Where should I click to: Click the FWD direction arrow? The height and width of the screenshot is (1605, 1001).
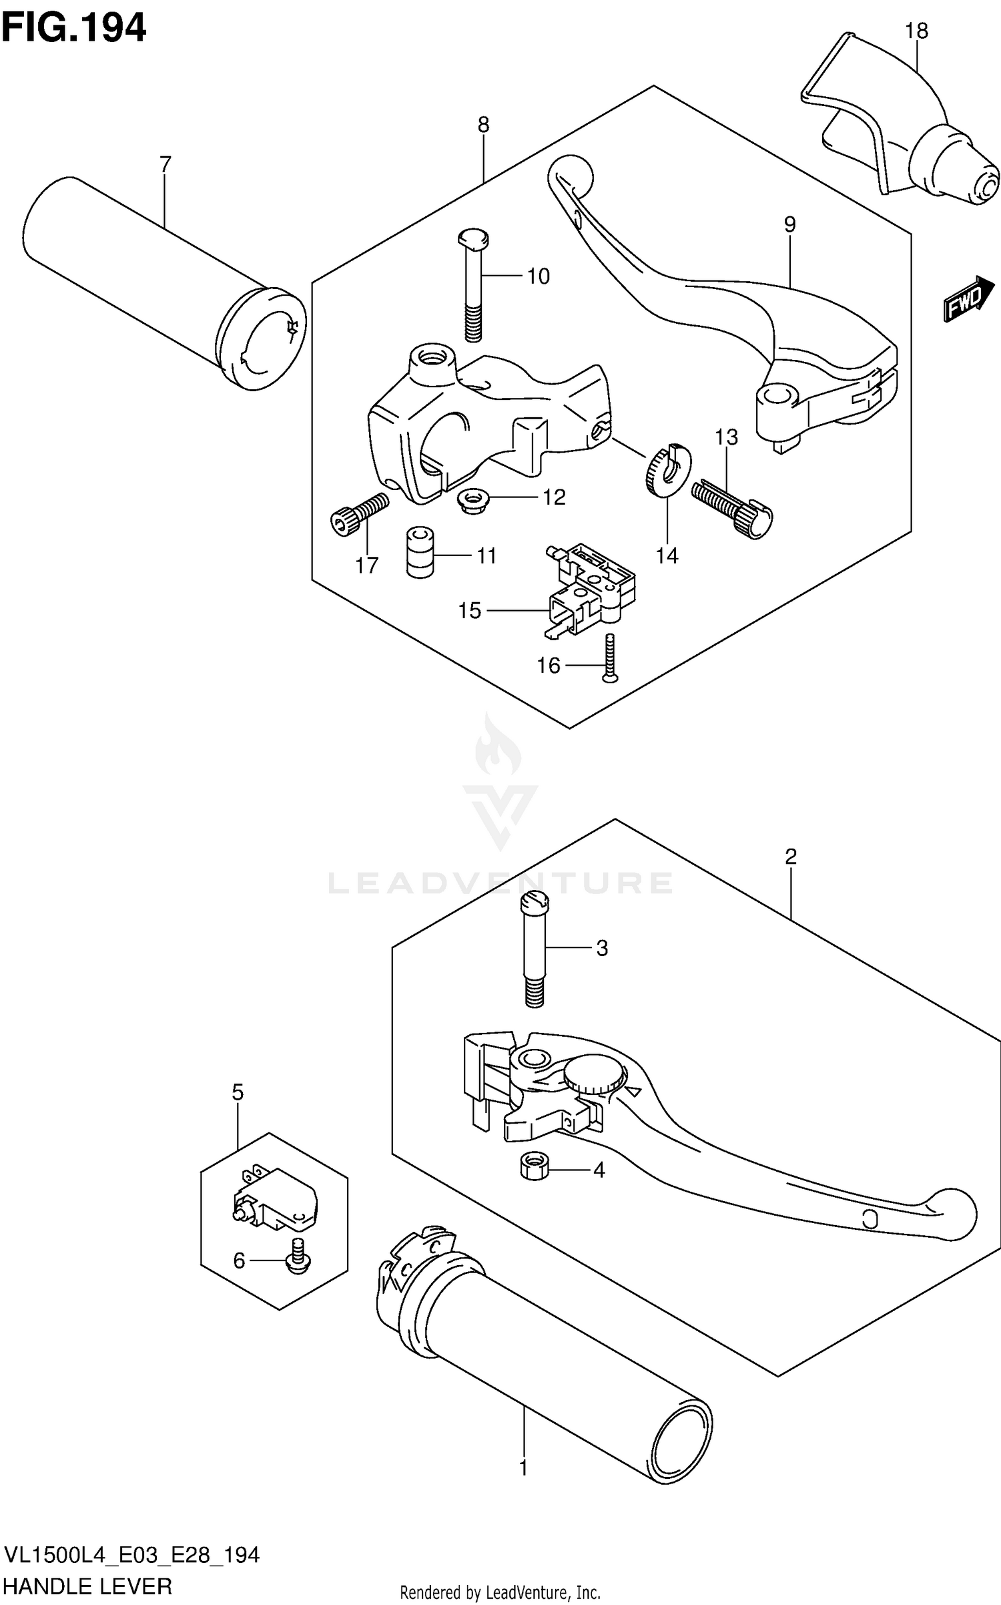[x=968, y=298]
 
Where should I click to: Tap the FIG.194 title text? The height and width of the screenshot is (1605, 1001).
[x=73, y=28]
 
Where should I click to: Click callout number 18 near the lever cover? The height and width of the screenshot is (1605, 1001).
[x=916, y=31]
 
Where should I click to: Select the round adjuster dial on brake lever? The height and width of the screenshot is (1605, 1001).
[x=595, y=1074]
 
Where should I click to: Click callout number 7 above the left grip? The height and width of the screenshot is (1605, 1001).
[x=165, y=164]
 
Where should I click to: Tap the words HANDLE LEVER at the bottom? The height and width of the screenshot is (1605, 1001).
[x=88, y=1586]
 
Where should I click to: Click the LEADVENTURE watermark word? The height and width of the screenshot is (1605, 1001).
[x=500, y=883]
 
